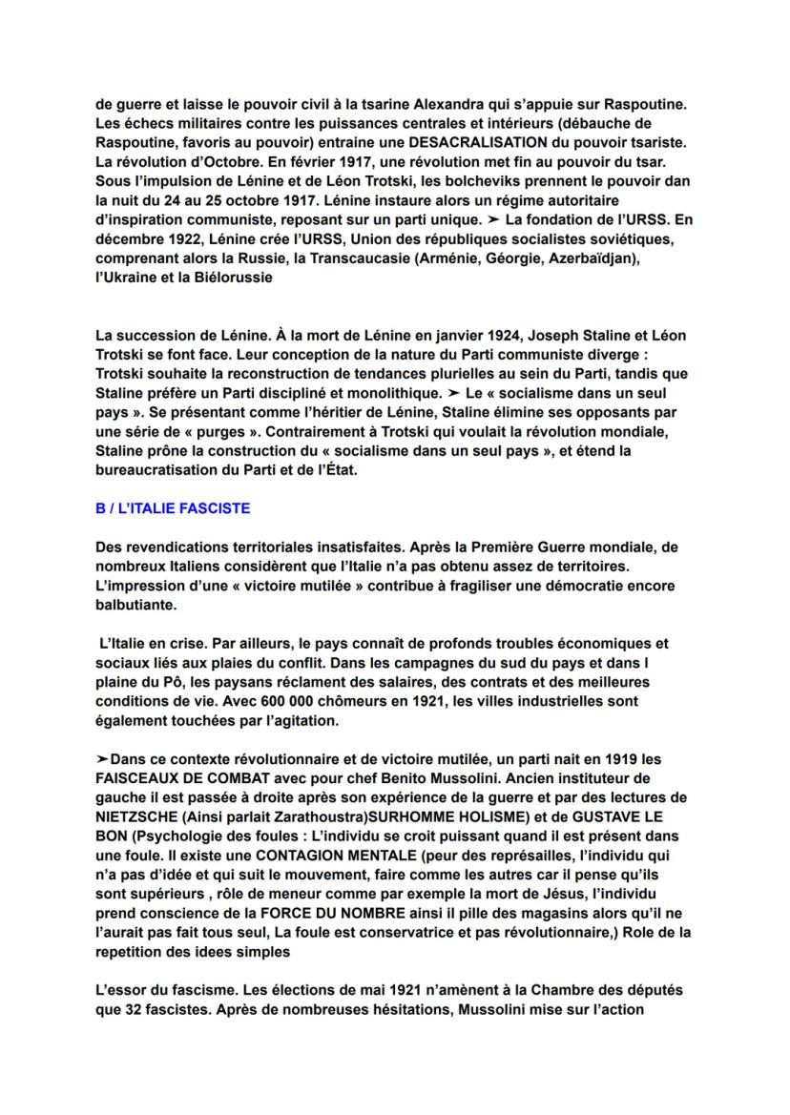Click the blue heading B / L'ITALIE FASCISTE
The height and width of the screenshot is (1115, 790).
174,508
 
